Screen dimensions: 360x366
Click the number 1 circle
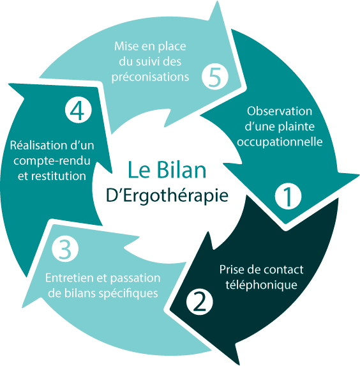[288, 196]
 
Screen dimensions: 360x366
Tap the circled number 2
[200, 301]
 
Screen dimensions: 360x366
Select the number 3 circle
[65, 248]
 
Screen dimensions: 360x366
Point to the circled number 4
[78, 110]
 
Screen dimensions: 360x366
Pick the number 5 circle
[215, 77]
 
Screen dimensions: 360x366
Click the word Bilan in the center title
[181, 170]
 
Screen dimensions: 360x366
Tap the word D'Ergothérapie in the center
[167, 195]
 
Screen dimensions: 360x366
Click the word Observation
[280, 111]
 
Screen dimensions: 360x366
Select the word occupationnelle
[280, 141]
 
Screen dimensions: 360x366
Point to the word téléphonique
[261, 285]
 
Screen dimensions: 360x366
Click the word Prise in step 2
[230, 270]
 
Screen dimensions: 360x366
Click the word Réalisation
[38, 145]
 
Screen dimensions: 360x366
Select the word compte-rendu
[52, 161]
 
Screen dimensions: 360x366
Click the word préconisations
[150, 77]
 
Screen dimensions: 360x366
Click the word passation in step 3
[135, 278]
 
